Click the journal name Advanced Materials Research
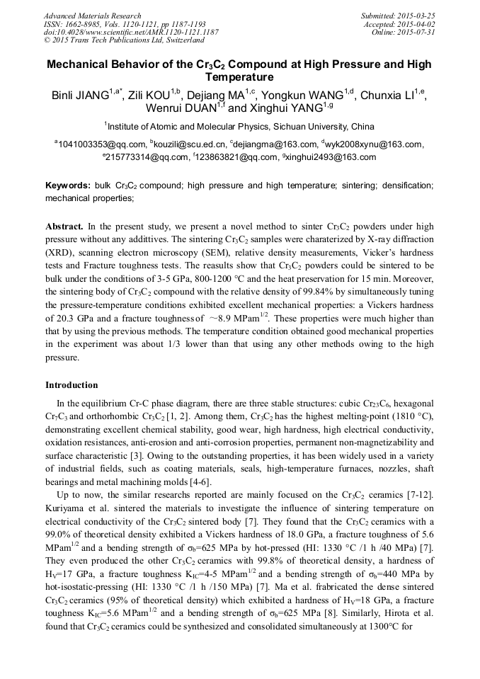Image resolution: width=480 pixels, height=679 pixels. click(92, 16)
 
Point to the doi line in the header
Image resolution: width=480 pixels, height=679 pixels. click(130, 33)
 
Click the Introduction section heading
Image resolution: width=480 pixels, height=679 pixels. click(72, 385)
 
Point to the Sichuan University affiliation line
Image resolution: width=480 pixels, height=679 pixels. click(239, 127)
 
